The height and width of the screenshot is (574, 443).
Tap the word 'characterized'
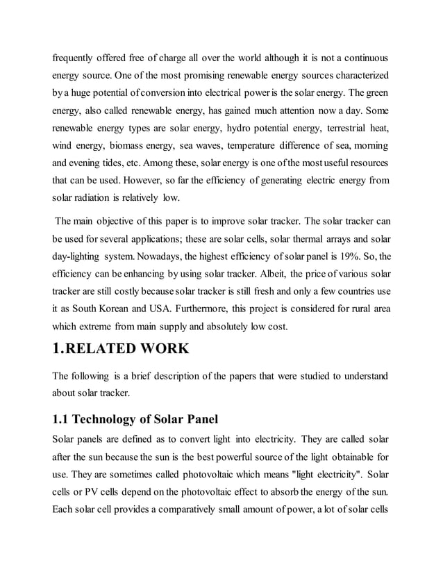coord(354,74)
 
